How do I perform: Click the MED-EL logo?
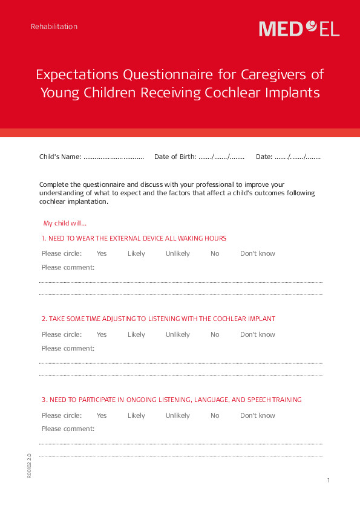[x=299, y=28]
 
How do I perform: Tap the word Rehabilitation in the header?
[x=54, y=27]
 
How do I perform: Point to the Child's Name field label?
[x=60, y=157]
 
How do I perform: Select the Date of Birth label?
[x=175, y=157]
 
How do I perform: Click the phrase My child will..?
[x=65, y=223]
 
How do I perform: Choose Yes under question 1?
[x=102, y=253]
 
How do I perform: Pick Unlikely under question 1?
[x=178, y=253]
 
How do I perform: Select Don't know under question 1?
[x=258, y=253]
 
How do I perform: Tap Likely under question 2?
[x=136, y=334]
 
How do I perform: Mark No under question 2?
[x=215, y=334]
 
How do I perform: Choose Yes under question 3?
[x=102, y=415]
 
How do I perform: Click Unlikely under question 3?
[x=178, y=415]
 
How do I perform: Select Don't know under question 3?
[x=258, y=415]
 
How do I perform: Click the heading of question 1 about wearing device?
[x=134, y=238]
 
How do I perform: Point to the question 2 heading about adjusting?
[x=159, y=319]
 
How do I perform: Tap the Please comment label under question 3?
[x=68, y=429]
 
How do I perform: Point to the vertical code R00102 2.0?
[x=29, y=466]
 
